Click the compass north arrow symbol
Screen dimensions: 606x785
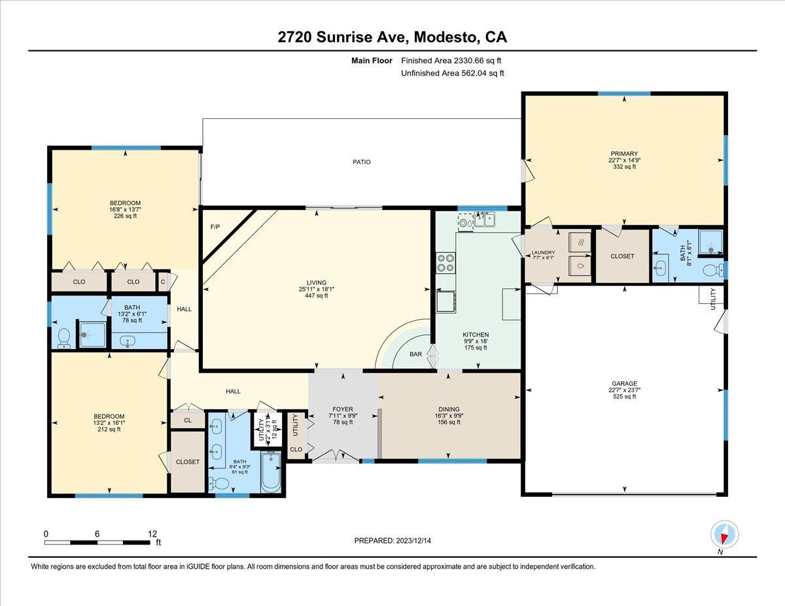point(724,533)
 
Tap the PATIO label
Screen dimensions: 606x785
point(362,162)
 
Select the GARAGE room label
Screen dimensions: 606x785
point(624,384)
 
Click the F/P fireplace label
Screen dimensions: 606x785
point(214,227)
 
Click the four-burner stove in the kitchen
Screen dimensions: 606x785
point(445,263)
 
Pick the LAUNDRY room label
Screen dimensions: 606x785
point(543,253)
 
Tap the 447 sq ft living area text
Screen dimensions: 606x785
point(316,295)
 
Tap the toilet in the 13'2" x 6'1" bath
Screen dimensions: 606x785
point(64,337)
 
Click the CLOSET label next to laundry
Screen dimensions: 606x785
point(621,256)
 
